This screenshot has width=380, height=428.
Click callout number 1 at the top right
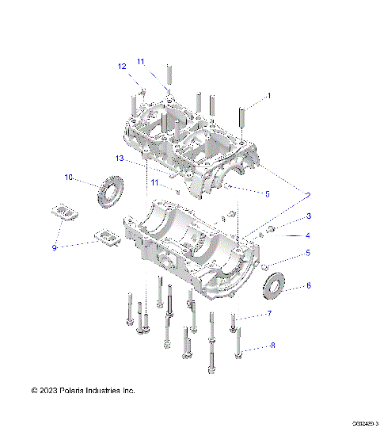[x=268, y=96]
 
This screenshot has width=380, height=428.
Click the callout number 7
[x=269, y=315]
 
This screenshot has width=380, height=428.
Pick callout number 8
[x=273, y=346]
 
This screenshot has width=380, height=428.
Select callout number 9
[x=55, y=248]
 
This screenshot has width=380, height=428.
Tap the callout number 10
[x=69, y=178]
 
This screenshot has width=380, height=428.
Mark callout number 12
[x=123, y=67]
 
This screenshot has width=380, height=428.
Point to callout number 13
[x=120, y=159]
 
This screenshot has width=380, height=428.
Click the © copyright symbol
[x=35, y=391]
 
